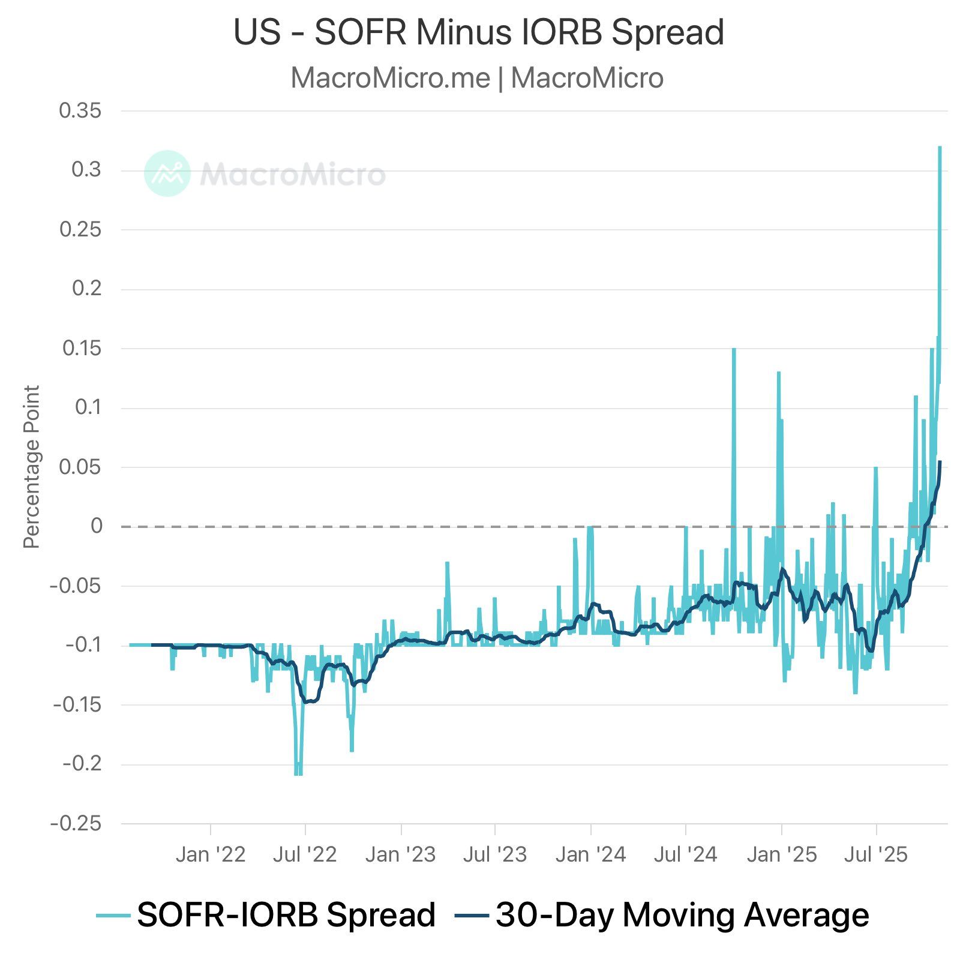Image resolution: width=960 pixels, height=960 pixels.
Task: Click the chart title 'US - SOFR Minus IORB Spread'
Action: click(x=478, y=32)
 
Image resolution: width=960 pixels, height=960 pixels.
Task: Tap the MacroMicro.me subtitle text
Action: click(x=477, y=78)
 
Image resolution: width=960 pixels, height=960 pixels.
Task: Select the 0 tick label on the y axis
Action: click(x=96, y=526)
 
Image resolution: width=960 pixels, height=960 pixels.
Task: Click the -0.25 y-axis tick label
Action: click(x=76, y=823)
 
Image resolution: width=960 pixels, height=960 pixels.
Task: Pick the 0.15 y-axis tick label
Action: click(x=82, y=348)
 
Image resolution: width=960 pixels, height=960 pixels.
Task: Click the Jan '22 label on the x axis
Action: click(x=211, y=854)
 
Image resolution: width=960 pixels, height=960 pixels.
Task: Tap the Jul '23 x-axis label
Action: click(x=494, y=854)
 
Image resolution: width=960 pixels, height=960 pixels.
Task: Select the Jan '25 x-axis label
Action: click(x=781, y=854)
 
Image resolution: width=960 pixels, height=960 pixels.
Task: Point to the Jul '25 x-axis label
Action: click(x=876, y=854)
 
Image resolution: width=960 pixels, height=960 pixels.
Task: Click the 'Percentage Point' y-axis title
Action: click(x=31, y=467)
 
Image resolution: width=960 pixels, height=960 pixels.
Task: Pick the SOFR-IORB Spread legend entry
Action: click(x=266, y=916)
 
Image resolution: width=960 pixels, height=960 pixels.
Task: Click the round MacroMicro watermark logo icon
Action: click(x=167, y=173)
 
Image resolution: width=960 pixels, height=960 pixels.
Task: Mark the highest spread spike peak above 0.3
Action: click(x=940, y=148)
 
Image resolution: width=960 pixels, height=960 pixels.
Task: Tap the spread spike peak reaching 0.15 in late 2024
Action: click(x=734, y=349)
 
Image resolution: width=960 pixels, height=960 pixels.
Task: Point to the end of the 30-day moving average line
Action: click(x=940, y=462)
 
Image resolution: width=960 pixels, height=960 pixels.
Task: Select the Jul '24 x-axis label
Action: click(x=685, y=854)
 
